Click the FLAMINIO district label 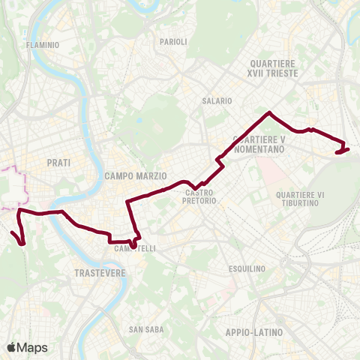tap(42, 45)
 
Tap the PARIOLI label tap(173, 42)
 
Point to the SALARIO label tap(215, 100)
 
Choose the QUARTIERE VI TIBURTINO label tap(299, 199)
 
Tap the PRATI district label tap(58, 162)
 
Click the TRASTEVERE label tap(100, 274)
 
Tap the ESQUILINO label tap(247, 268)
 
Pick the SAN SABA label tap(142, 329)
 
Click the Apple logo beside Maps tap(12, 346)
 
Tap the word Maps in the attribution tap(32, 347)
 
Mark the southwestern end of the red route tap(13, 233)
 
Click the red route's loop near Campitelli tap(134, 242)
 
